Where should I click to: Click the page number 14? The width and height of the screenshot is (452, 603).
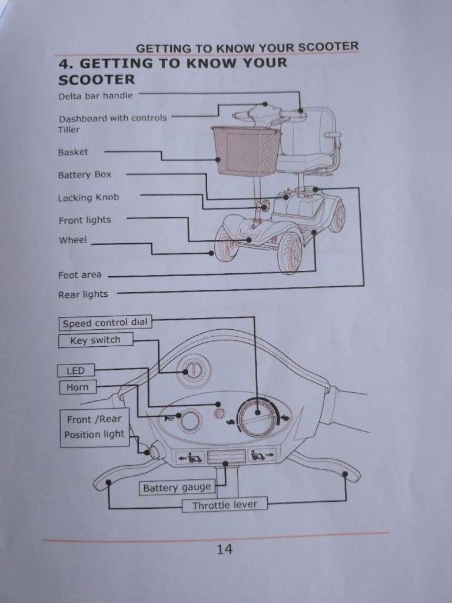click(224, 549)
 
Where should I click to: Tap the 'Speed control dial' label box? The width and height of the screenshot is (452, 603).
click(105, 323)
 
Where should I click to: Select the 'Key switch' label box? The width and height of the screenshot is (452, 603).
click(96, 340)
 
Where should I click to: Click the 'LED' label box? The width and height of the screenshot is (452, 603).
click(76, 371)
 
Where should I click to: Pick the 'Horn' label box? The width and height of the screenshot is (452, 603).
click(78, 387)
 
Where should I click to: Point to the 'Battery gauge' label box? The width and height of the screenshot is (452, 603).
click(177, 488)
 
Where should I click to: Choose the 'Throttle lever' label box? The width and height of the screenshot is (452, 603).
click(224, 505)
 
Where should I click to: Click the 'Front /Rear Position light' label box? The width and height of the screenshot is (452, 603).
click(95, 428)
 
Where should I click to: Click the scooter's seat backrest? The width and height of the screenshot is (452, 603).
click(311, 131)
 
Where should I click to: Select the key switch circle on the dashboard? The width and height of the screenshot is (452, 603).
click(194, 371)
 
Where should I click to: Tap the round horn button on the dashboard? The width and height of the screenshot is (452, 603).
click(190, 420)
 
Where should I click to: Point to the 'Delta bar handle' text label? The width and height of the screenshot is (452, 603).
click(96, 96)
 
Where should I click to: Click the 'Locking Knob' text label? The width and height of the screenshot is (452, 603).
click(88, 198)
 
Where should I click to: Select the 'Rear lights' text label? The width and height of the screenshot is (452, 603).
click(83, 294)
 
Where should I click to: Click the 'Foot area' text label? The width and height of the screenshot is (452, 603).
click(80, 275)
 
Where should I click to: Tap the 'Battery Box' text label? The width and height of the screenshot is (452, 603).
click(85, 175)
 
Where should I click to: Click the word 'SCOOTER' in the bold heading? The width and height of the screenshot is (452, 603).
click(97, 79)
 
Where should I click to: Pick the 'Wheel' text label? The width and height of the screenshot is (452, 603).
click(73, 240)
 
